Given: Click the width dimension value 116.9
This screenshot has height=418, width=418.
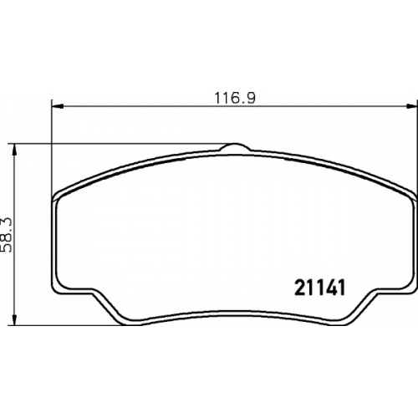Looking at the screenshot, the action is click(x=235, y=98).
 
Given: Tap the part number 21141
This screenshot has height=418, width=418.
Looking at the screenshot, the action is click(x=320, y=288).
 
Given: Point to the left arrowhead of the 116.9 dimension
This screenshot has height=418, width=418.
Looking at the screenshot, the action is click(x=58, y=106).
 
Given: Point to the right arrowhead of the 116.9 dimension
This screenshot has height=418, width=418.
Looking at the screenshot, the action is click(x=412, y=106).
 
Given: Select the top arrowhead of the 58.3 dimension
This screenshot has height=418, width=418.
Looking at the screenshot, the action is click(x=15, y=150).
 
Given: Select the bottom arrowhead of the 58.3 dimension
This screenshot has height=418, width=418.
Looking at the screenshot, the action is click(x=15, y=319).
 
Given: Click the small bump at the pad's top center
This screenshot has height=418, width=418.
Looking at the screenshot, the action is click(x=235, y=147).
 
